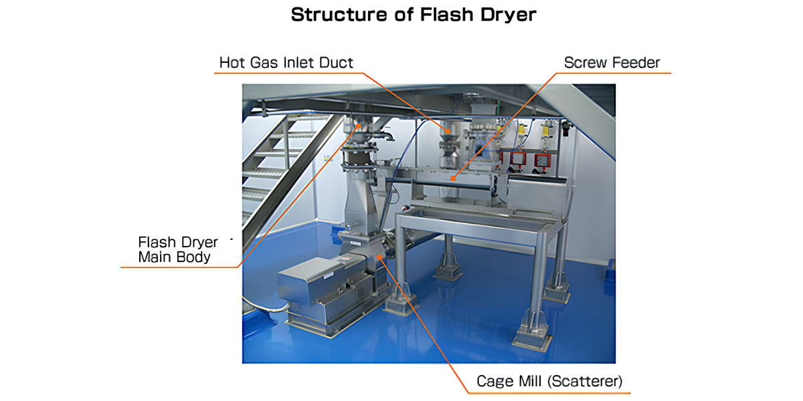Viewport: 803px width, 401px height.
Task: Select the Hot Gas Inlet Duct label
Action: [x=286, y=63]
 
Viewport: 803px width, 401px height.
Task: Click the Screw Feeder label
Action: [x=612, y=63]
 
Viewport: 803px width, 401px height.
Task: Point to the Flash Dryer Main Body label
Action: [x=178, y=249]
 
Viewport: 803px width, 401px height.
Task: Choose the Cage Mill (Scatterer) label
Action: [x=549, y=382]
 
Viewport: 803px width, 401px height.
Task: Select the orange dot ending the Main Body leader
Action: [x=359, y=125]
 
